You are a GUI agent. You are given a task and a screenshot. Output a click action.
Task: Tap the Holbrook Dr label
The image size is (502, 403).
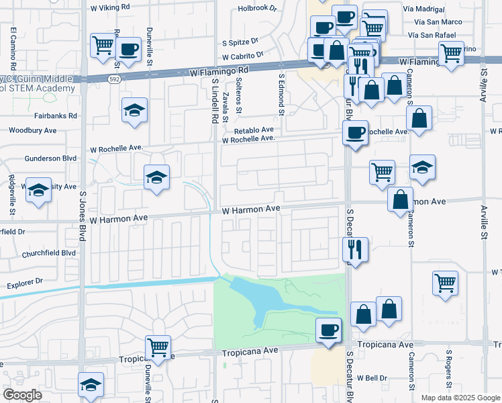click(x=257, y=9)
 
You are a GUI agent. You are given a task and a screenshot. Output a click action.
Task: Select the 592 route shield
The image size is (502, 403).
click(x=115, y=79)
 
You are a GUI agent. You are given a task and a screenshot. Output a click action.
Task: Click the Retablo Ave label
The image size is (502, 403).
click(x=254, y=130)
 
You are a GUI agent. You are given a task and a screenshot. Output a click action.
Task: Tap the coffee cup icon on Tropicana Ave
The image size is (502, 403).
click(x=328, y=330)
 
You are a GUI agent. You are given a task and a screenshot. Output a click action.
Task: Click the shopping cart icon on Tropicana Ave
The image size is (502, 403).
click(x=158, y=347)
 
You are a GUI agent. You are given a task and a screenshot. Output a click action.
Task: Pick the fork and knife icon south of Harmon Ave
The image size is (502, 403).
click(x=355, y=249)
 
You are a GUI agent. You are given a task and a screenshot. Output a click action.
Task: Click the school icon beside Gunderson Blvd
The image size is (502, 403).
click(x=156, y=177)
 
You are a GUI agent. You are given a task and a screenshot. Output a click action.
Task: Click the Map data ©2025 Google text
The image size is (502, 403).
click(x=460, y=398)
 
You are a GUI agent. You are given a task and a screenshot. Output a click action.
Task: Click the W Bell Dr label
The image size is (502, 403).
click(x=372, y=378)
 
